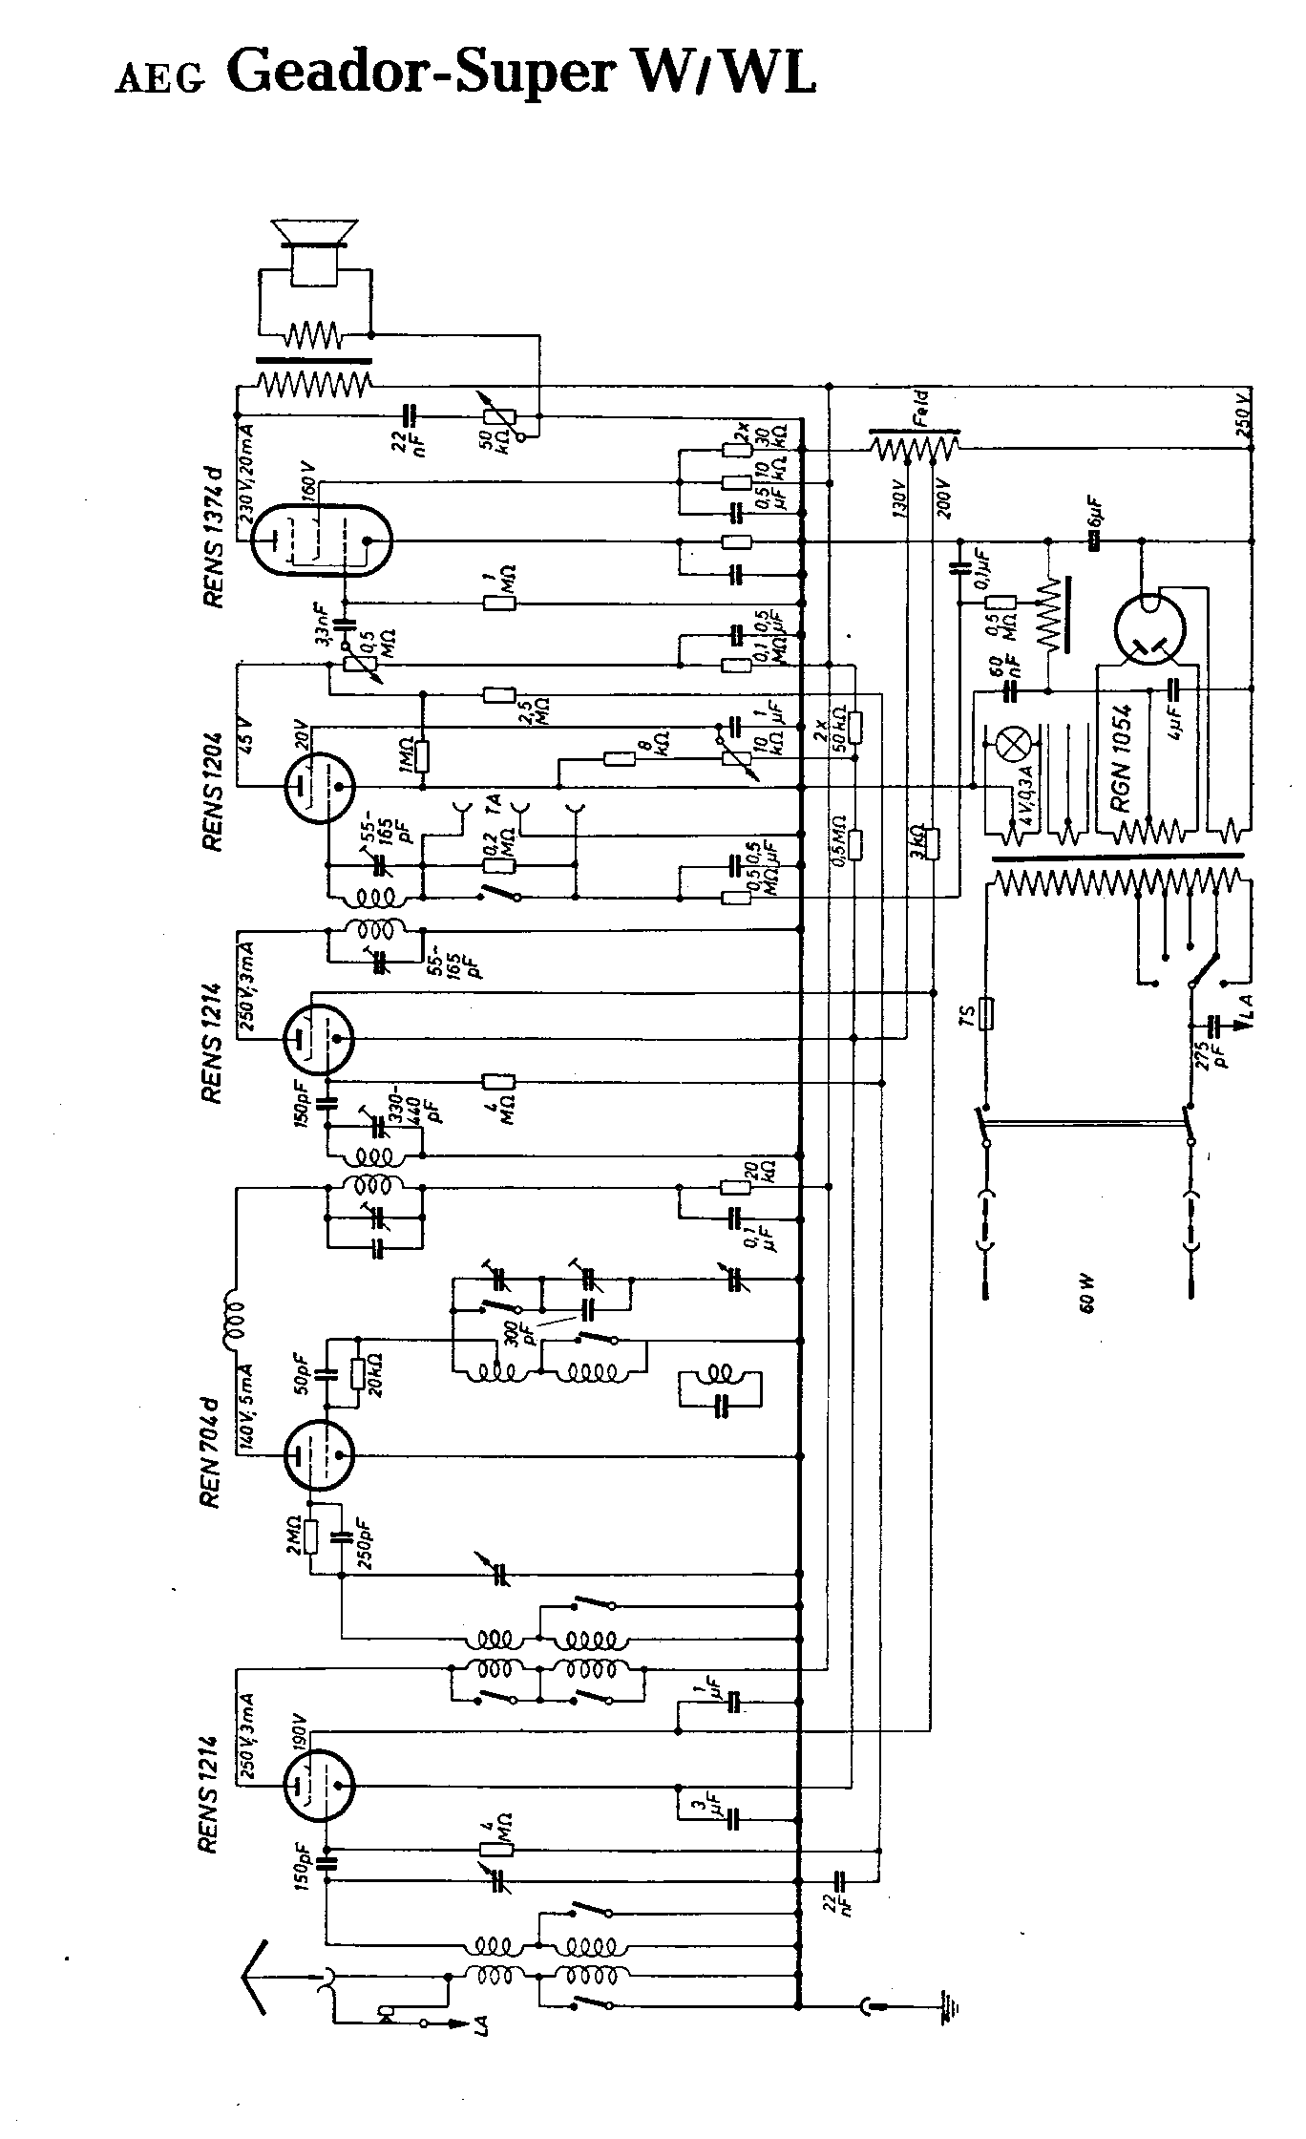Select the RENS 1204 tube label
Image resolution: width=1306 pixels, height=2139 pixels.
(213, 792)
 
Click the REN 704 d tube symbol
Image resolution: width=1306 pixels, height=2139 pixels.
(319, 1455)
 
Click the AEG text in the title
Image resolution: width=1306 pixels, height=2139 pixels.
(159, 80)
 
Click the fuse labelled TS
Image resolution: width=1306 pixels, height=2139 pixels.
(987, 1014)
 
